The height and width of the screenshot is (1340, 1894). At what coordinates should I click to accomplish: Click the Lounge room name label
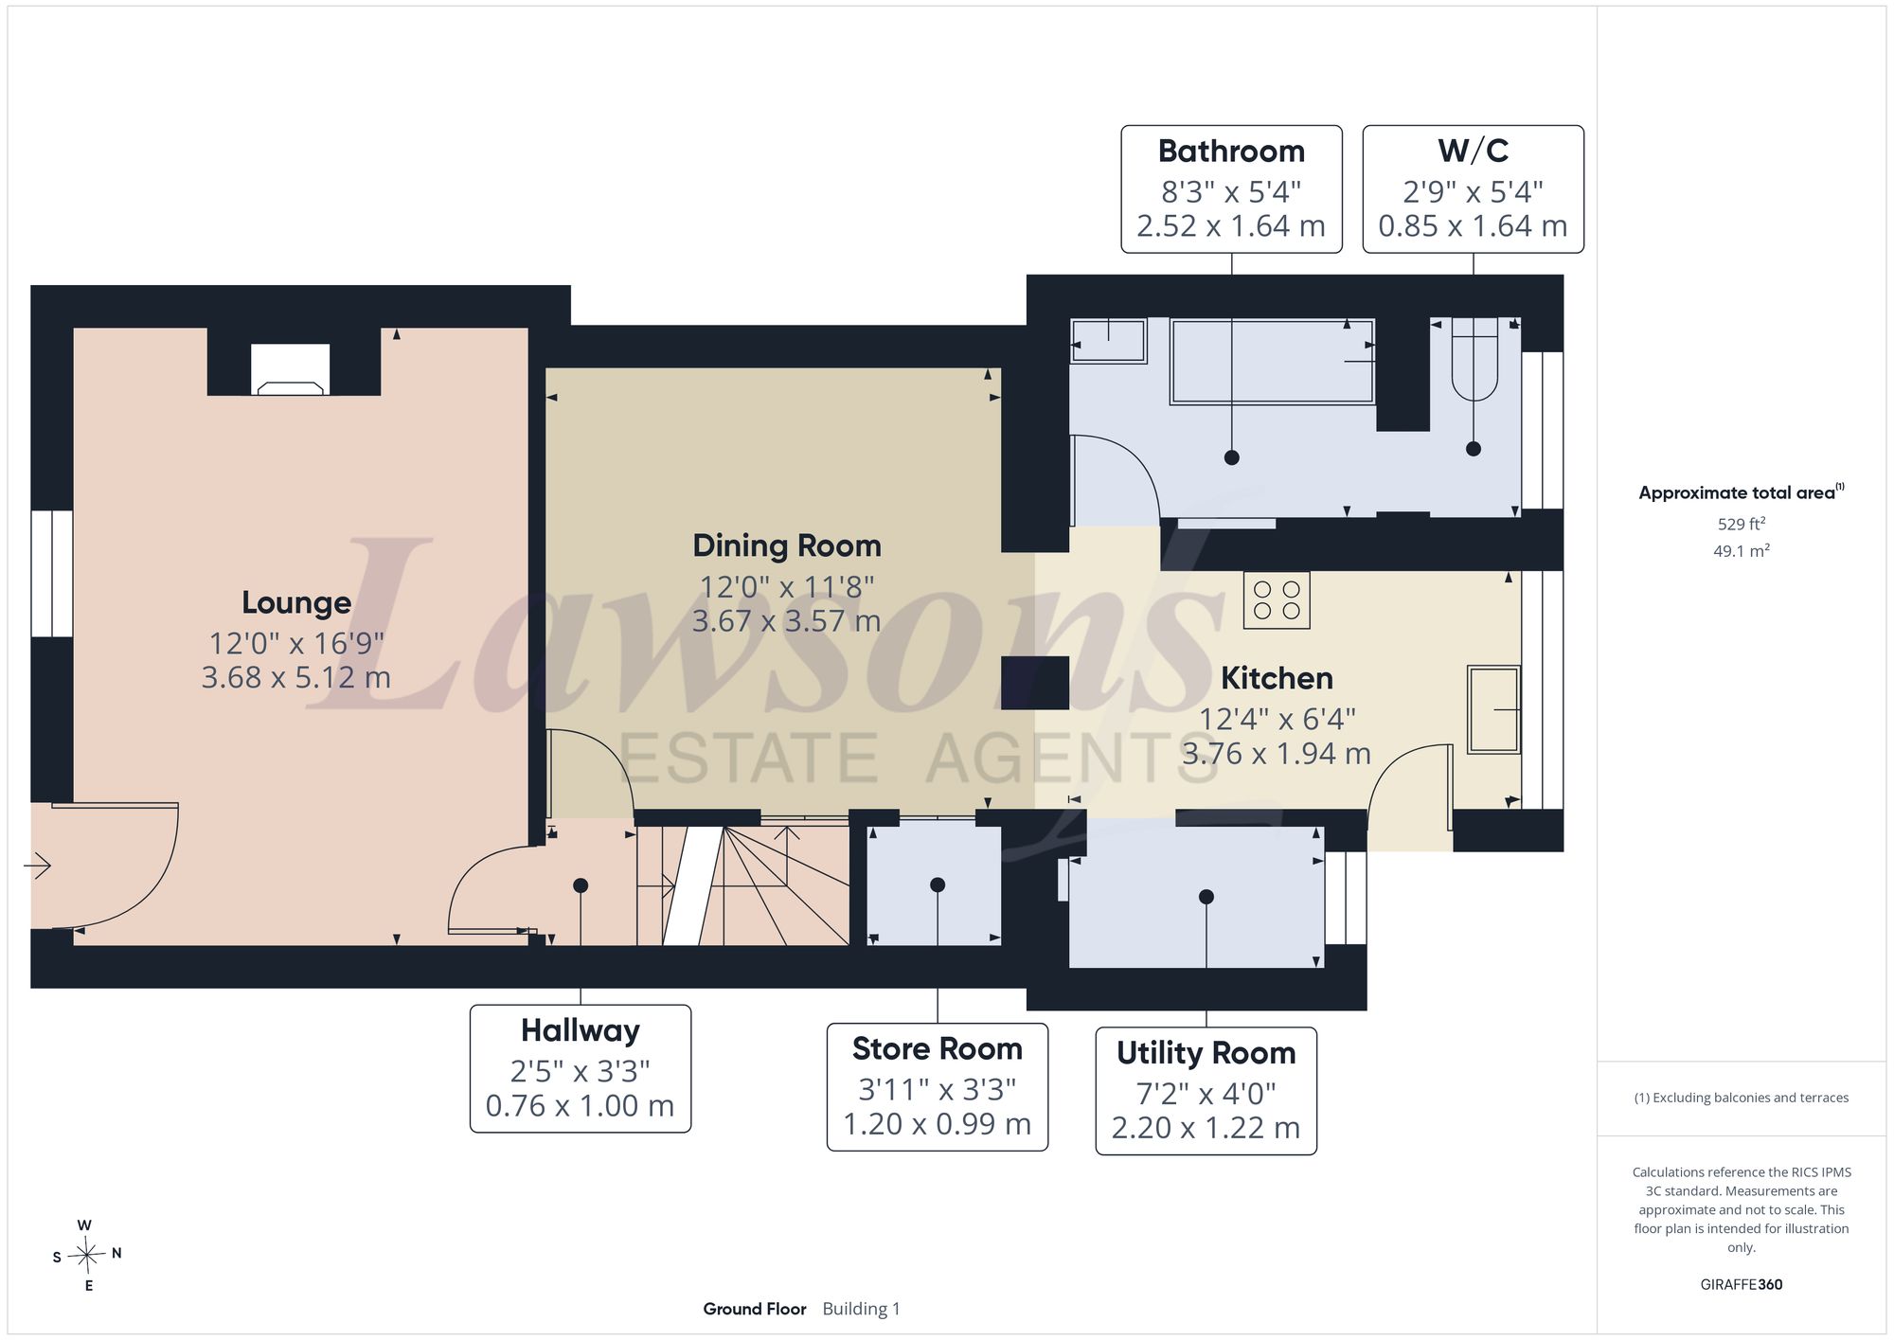pyautogui.click(x=296, y=603)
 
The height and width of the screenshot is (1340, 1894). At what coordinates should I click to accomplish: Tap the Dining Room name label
pyautogui.click(x=787, y=546)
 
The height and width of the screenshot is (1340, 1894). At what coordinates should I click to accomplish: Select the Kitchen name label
pyautogui.click(x=1277, y=679)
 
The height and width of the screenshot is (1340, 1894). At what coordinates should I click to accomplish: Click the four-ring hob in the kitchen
pyautogui.click(x=1277, y=600)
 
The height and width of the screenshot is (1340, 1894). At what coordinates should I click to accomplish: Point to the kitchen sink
pyautogui.click(x=1493, y=710)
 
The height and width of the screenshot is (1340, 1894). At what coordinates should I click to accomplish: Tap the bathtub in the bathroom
pyautogui.click(x=1272, y=362)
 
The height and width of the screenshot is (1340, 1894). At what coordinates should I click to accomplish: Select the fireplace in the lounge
pyautogui.click(x=291, y=369)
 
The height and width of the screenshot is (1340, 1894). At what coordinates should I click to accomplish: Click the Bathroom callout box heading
pyautogui.click(x=1231, y=152)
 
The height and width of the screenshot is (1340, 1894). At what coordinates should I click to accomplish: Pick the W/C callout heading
pyautogui.click(x=1473, y=152)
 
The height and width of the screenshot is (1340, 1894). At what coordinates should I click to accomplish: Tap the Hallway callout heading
pyautogui.click(x=581, y=1030)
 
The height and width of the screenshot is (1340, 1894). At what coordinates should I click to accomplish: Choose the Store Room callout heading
pyautogui.click(x=938, y=1049)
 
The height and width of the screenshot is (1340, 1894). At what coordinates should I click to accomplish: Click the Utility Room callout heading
pyautogui.click(x=1206, y=1053)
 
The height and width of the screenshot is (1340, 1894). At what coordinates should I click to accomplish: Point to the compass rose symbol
pyautogui.click(x=87, y=1256)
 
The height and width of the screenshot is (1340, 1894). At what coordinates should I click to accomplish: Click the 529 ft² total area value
pyautogui.click(x=1742, y=524)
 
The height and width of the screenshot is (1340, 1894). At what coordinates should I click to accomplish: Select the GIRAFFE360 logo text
pyautogui.click(x=1741, y=1285)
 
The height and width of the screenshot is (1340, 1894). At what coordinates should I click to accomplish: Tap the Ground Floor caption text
pyautogui.click(x=755, y=1309)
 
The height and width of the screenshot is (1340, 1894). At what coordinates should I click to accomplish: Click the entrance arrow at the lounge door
pyautogui.click(x=37, y=866)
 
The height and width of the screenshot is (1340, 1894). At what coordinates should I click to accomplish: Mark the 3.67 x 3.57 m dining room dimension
pyautogui.click(x=786, y=621)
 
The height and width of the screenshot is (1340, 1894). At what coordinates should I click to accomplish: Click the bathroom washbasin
pyautogui.click(x=1108, y=340)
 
